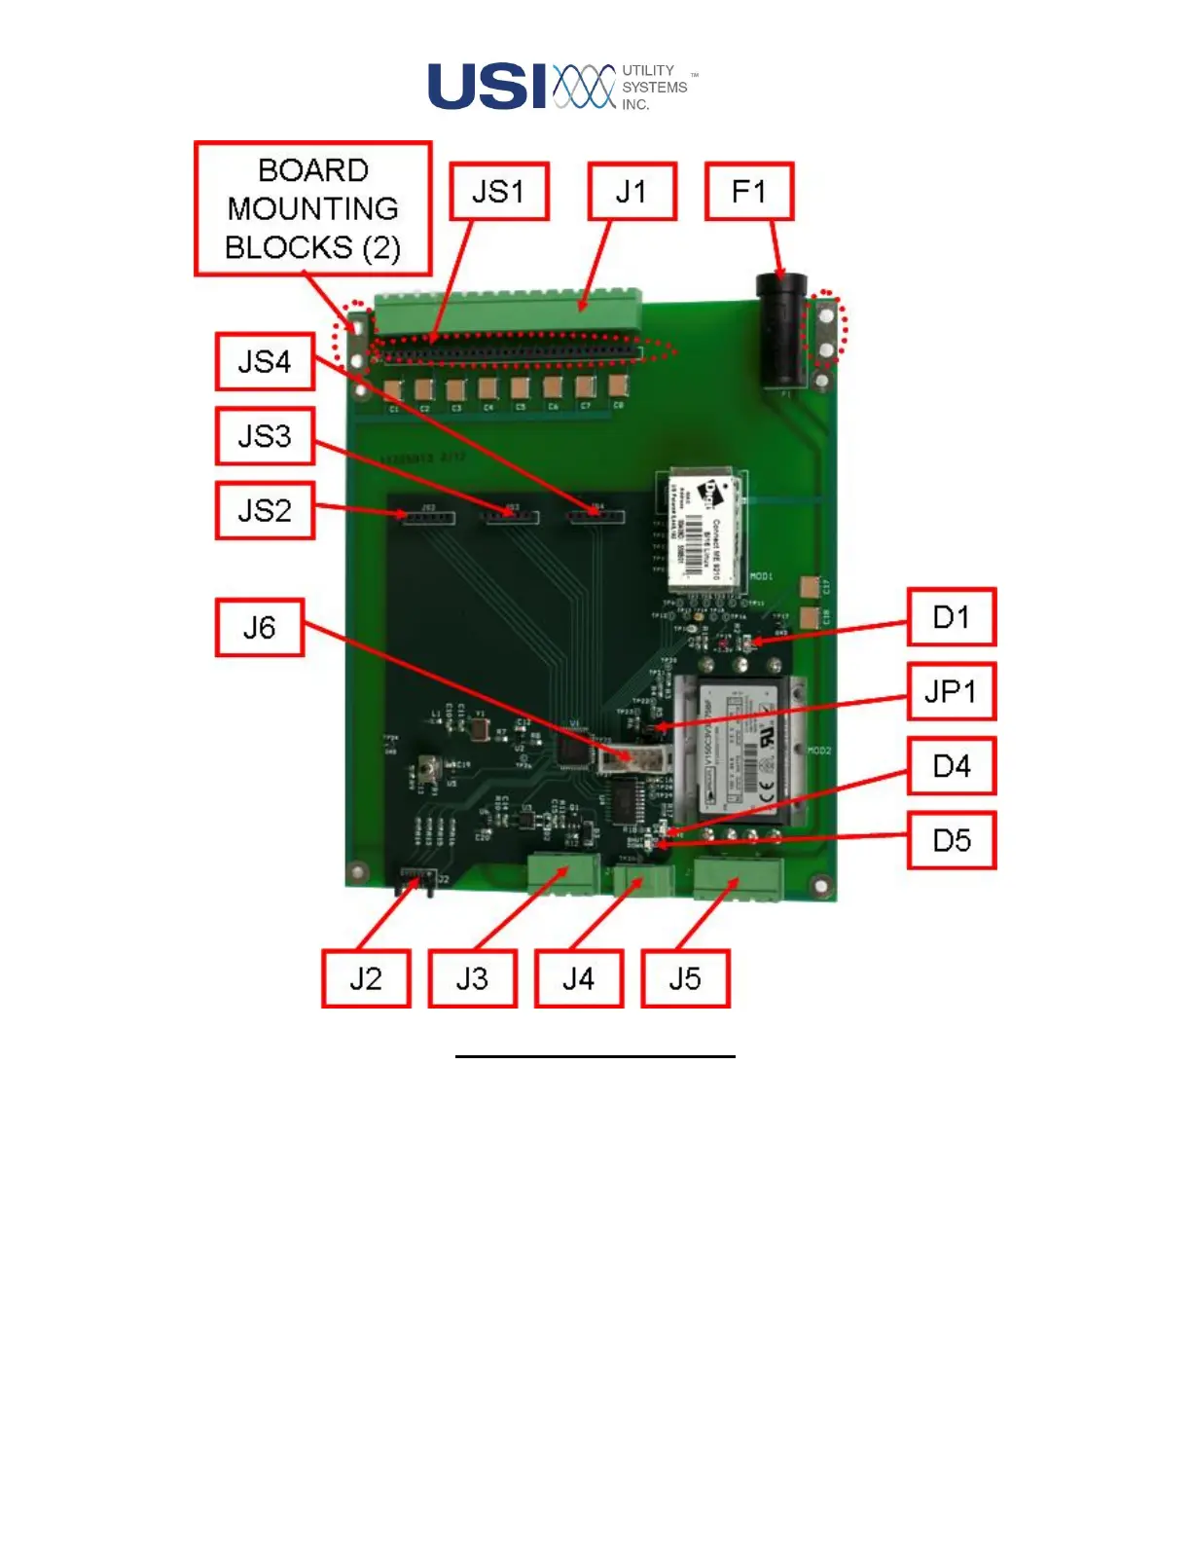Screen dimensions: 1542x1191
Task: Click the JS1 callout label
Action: click(499, 192)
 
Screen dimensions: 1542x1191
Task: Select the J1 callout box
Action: click(632, 192)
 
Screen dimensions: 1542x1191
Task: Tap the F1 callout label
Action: click(749, 192)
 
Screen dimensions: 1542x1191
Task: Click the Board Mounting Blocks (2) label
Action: click(313, 209)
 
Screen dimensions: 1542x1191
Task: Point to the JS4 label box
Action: click(265, 362)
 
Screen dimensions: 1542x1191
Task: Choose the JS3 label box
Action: click(265, 436)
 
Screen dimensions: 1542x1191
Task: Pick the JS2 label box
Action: click(265, 510)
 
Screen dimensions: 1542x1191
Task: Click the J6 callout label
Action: click(260, 628)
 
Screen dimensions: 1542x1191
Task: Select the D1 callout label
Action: click(952, 617)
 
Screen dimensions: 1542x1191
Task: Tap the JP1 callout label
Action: click(952, 692)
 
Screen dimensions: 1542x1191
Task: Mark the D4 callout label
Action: click(952, 766)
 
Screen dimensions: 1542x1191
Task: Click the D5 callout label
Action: click(952, 840)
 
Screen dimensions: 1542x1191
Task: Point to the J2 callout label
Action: click(366, 978)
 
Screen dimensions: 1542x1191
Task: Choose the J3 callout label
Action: click(472, 978)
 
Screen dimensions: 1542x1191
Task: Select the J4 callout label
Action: click(578, 978)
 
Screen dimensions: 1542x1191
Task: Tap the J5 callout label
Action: click(685, 978)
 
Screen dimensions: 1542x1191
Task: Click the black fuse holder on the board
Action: click(781, 331)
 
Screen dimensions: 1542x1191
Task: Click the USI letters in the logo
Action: click(487, 87)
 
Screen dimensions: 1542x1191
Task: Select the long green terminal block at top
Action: click(506, 312)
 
